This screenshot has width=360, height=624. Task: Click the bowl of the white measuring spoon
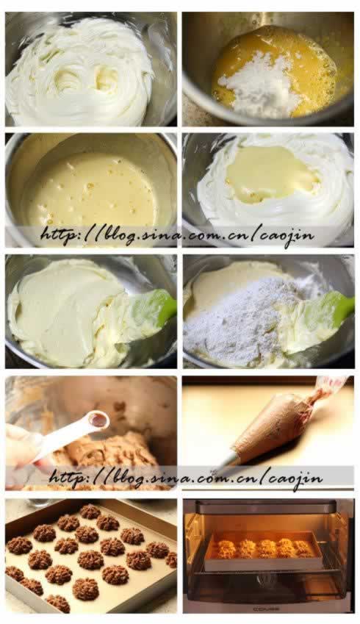point(98,420)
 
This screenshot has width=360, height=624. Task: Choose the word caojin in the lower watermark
point(296,478)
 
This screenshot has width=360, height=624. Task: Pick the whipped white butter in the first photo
point(79,71)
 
